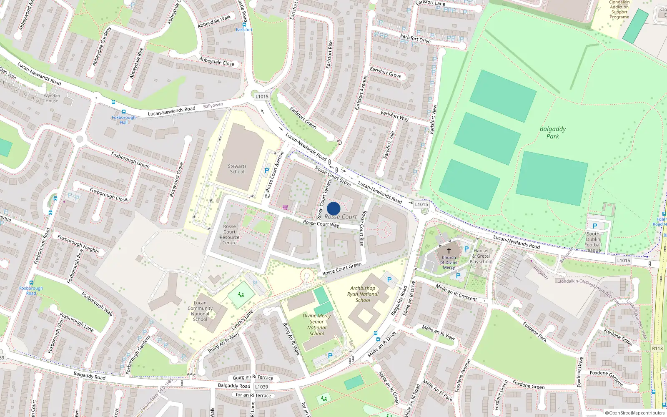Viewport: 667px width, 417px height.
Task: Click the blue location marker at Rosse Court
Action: point(333,208)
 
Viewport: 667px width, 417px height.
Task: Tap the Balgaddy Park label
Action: point(553,133)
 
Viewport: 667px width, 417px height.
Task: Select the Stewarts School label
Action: point(237,169)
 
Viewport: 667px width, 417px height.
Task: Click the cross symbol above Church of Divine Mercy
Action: point(449,251)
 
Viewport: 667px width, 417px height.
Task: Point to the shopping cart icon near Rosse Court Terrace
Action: point(285,207)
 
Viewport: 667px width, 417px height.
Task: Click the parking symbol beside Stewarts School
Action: point(267,171)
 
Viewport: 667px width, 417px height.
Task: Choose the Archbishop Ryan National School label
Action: point(363,294)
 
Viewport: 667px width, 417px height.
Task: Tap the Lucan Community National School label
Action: point(200,311)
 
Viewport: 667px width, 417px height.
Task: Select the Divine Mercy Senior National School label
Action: point(317,324)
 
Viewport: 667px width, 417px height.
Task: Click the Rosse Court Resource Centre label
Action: point(229,235)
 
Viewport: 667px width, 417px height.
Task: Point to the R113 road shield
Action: point(657,348)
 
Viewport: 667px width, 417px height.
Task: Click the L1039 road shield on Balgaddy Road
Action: point(262,387)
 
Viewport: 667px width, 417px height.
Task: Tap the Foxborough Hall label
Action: point(124,120)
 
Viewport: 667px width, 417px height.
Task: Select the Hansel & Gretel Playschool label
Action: point(481,256)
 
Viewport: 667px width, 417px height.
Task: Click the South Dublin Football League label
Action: point(593,242)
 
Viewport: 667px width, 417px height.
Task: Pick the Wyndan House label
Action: point(52,98)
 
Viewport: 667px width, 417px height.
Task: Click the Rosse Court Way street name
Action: point(321,224)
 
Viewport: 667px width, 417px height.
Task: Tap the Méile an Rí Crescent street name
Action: point(456,293)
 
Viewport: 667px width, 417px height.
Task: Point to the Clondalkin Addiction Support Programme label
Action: point(619,10)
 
